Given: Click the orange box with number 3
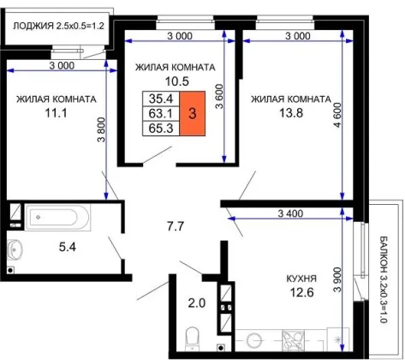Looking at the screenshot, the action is (192, 113).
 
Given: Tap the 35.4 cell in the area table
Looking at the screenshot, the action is (161, 99).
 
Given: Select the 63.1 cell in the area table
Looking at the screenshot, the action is (161, 113).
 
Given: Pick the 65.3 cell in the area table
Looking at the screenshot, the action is (161, 128).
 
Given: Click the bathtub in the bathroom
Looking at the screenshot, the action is (57, 217).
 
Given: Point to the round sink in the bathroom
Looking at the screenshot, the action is (15, 249).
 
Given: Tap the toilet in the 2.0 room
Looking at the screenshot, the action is (193, 339).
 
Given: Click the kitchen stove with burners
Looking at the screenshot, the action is (293, 340).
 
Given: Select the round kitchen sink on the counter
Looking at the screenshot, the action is (254, 341).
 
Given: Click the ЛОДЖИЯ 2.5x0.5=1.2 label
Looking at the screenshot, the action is (58, 26).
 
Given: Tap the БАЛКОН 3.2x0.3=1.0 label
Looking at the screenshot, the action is (384, 279).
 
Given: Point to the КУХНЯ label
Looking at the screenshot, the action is (301, 279).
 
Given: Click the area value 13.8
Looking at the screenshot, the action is (291, 113).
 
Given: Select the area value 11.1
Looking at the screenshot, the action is (56, 113).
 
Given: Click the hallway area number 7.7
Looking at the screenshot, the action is (176, 226).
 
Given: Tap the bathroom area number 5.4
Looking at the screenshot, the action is (68, 247).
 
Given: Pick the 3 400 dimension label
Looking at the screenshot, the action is (290, 213).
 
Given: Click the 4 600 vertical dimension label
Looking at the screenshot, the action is (337, 115).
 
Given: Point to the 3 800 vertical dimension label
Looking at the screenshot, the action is (102, 129).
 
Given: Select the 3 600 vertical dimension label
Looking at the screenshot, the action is (219, 96).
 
